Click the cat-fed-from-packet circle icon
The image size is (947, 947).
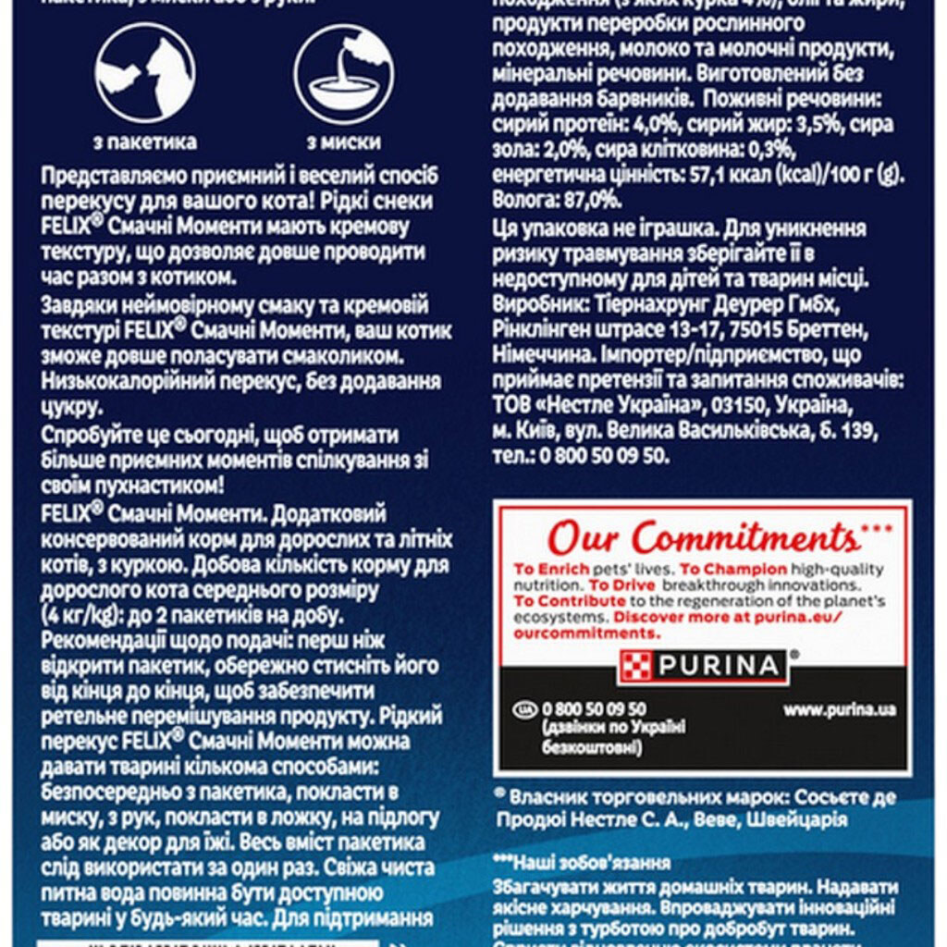144,73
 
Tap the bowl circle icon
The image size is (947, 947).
343,73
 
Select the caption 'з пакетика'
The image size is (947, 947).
145,142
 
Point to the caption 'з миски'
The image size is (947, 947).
343,142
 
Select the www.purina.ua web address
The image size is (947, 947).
840,710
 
